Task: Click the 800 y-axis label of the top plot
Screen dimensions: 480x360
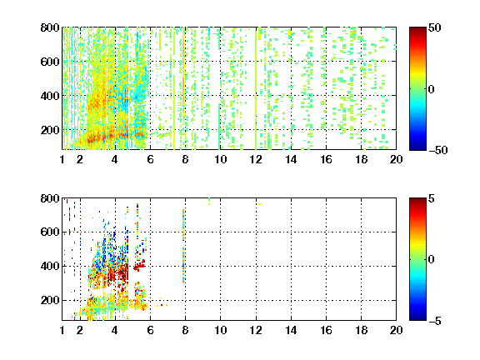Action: point(50,27)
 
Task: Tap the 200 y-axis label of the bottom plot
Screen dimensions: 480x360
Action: point(50,300)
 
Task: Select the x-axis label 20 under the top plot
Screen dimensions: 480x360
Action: point(396,159)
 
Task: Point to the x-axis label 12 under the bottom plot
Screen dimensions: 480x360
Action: point(256,330)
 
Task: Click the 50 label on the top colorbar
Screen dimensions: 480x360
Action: point(435,27)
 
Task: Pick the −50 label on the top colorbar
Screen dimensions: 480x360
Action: point(437,150)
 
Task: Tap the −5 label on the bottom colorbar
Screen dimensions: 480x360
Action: point(435,321)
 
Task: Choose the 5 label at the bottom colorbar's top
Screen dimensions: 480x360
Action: point(432,198)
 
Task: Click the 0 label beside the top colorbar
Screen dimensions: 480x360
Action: point(432,89)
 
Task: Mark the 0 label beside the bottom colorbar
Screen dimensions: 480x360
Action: point(432,260)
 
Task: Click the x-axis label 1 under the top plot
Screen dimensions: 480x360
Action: point(62,159)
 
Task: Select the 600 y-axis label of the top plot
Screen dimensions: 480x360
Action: point(50,62)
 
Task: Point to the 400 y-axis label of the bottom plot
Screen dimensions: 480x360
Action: point(50,266)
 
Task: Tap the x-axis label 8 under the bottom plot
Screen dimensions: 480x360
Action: point(185,330)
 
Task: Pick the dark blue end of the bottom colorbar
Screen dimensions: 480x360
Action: point(417,317)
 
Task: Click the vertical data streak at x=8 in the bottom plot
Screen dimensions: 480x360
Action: point(183,246)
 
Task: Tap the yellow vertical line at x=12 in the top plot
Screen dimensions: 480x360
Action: point(256,88)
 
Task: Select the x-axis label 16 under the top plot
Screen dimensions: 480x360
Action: point(327,159)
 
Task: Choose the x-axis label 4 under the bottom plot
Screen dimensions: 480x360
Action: point(115,330)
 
